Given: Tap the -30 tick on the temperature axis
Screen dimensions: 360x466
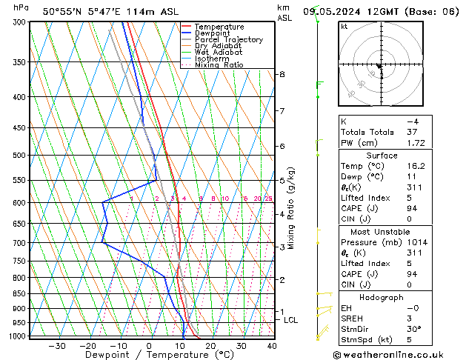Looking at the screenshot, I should point(57,345).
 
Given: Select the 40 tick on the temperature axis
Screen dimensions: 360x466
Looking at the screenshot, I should point(272,345).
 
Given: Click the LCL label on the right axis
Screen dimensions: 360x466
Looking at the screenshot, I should point(290,320).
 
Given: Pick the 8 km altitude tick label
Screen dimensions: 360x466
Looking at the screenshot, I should point(282,75).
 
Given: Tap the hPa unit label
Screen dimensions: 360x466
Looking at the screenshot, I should point(21,8).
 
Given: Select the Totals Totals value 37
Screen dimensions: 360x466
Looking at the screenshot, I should point(413,132).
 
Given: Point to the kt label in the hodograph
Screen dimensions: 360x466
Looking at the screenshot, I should point(344,27).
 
